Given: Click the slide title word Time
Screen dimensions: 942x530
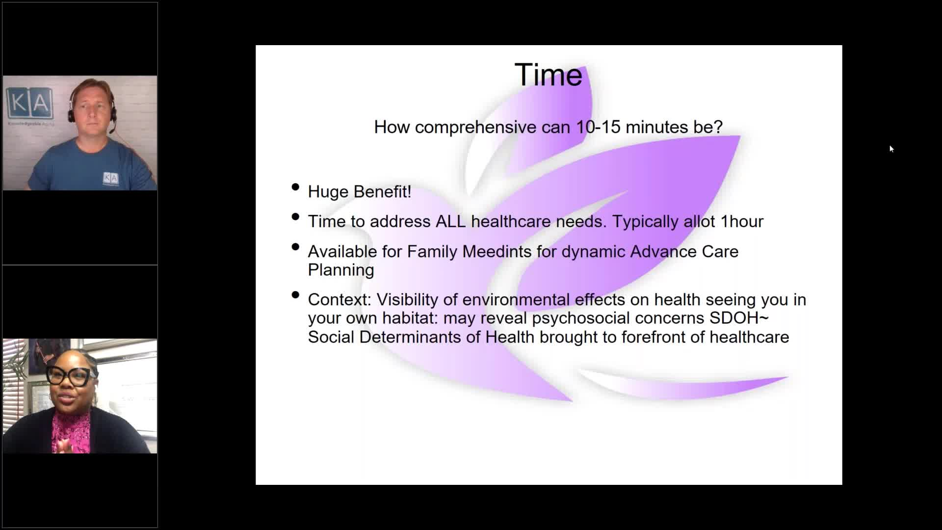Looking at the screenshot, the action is (548, 75).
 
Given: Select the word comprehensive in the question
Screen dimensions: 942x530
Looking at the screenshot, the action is (475, 128).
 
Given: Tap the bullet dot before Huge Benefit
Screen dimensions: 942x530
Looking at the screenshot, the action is (295, 187).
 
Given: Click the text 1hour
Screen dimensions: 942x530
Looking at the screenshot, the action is (742, 221).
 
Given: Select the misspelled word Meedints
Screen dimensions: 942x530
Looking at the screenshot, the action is (497, 252).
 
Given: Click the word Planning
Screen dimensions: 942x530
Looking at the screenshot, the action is (341, 270).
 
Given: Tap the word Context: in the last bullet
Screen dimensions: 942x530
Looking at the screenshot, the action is (340, 299).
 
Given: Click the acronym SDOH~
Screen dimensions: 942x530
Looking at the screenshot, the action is (739, 318).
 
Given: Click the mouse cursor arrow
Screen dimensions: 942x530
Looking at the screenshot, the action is (891, 149).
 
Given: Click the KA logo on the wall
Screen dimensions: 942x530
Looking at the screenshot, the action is (29, 103).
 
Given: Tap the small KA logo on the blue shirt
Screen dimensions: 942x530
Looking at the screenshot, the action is (110, 178).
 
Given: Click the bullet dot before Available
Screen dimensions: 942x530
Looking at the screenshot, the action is (295, 247).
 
